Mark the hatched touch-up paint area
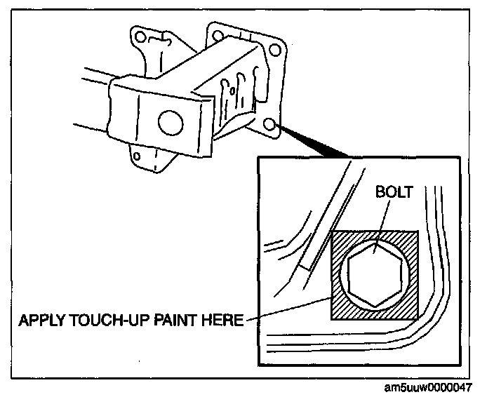pyautogui.click(x=340, y=309)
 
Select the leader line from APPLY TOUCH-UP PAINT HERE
pyautogui.click(x=288, y=309)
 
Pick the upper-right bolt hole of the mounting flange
pyautogui.click(x=275, y=49)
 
